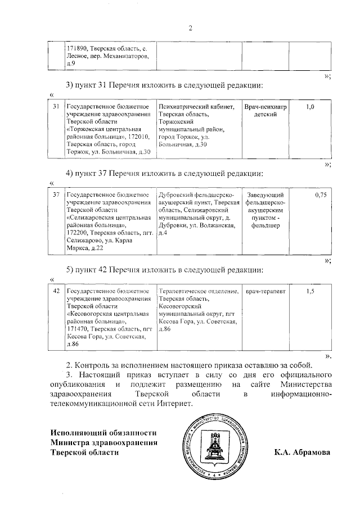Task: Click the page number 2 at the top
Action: pyautogui.click(x=190, y=29)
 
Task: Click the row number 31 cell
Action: pyautogui.click(x=56, y=106)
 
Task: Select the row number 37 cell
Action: pyautogui.click(x=56, y=194)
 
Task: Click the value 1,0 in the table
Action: pyautogui.click(x=310, y=106)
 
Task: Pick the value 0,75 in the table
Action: pyautogui.click(x=321, y=194)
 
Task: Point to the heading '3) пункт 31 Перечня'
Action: pyautogui.click(x=164, y=85)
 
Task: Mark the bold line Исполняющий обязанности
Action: pyautogui.click(x=102, y=433)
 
